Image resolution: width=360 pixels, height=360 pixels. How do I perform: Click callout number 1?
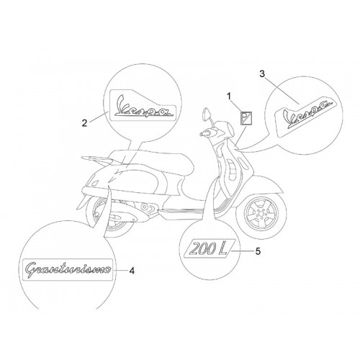click(229, 96)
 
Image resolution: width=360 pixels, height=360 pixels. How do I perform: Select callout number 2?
click(84, 123)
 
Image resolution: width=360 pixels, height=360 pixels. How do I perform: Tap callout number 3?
click(262, 74)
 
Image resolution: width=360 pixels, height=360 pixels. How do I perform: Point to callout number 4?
click(132, 271)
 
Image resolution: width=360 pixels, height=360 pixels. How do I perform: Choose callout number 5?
click(258, 251)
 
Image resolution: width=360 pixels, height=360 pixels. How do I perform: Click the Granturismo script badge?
click(68, 270)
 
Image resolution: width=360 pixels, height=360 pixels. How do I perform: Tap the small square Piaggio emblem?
click(246, 118)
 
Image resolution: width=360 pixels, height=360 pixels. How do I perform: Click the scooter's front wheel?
click(261, 213)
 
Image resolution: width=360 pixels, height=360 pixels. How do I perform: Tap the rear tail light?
click(95, 183)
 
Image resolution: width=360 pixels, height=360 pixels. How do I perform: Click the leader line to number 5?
click(241, 251)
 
